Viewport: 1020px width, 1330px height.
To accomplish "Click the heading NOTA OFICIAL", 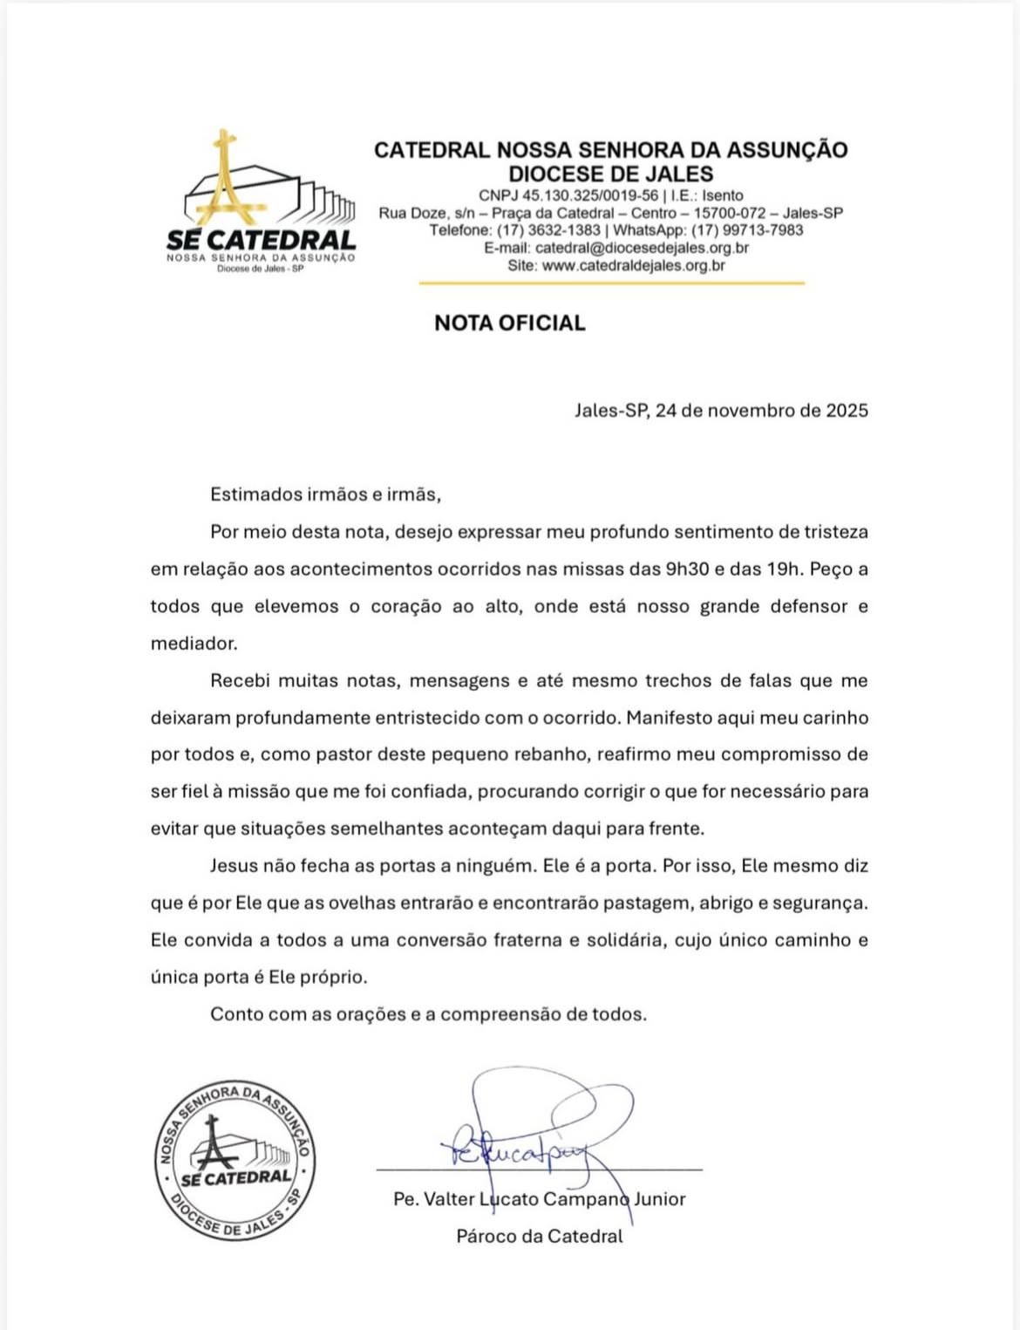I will [509, 324].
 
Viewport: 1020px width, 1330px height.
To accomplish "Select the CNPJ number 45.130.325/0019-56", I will [590, 195].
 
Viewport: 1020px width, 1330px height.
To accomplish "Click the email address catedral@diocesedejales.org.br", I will [642, 248].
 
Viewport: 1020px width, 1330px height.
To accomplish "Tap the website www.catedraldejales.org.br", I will [633, 265].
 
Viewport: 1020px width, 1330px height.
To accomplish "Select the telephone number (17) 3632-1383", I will [548, 230].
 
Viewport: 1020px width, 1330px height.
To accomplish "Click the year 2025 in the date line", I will [847, 411].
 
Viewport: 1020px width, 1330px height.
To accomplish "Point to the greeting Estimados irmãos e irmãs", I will [325, 494].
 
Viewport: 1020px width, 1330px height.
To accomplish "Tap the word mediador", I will [194, 644].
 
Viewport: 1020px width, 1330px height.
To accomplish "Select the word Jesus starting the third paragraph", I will [234, 866].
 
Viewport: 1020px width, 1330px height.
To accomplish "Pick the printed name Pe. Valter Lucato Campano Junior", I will [539, 1199].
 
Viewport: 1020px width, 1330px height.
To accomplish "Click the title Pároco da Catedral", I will [539, 1236].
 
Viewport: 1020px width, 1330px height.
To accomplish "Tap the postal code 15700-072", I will [729, 213].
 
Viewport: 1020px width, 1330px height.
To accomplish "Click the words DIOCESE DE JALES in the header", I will [610, 174].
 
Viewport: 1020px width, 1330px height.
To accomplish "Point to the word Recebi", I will [240, 681].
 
